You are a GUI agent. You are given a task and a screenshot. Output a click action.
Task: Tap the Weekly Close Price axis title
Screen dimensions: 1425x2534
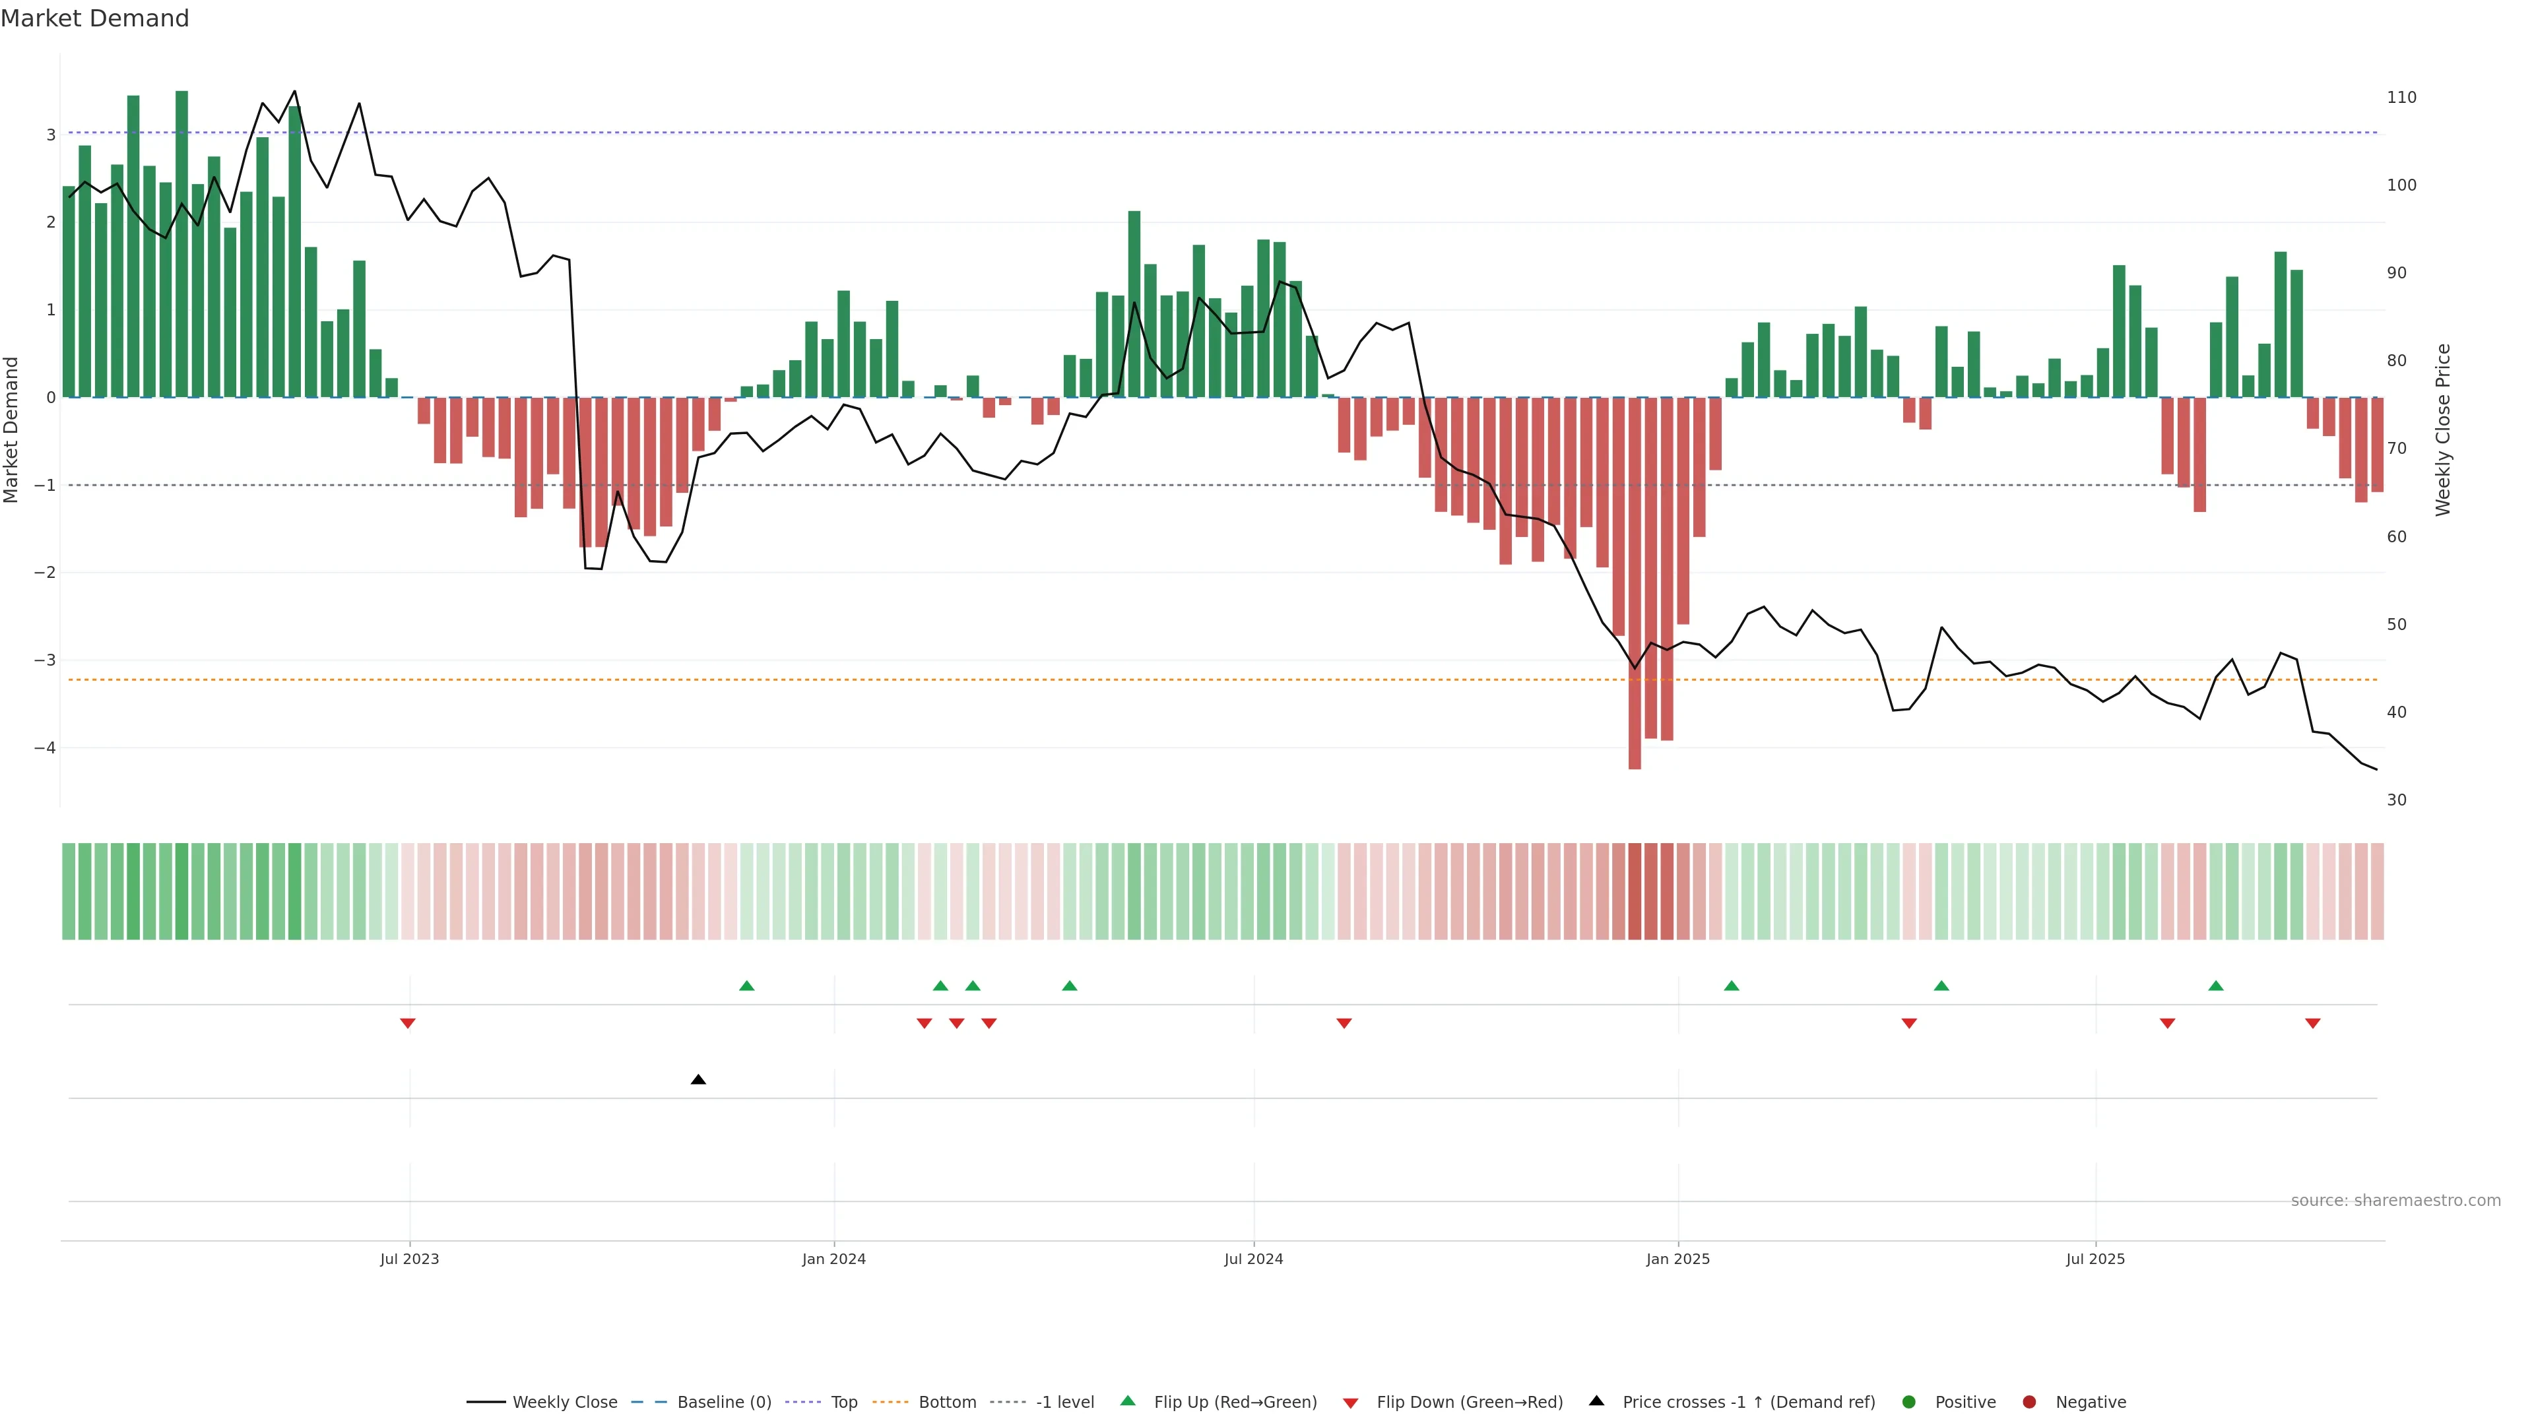pyautogui.click(x=2444, y=429)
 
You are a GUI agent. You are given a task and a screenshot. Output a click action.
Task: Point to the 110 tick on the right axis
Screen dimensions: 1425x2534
pyautogui.click(x=2401, y=98)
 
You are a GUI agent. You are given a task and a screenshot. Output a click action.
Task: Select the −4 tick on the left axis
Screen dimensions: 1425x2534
pyautogui.click(x=44, y=748)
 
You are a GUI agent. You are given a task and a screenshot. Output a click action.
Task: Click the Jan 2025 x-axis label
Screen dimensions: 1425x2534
pyautogui.click(x=1678, y=1259)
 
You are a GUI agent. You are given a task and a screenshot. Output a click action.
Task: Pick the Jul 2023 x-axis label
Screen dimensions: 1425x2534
pyautogui.click(x=409, y=1259)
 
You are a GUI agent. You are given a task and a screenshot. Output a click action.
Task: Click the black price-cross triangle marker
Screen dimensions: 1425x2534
pyautogui.click(x=698, y=1080)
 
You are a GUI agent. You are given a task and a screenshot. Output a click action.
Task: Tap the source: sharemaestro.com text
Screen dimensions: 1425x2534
pyautogui.click(x=2395, y=1201)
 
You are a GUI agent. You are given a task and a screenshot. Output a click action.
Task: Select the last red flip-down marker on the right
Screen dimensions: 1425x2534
pyautogui.click(x=2313, y=1024)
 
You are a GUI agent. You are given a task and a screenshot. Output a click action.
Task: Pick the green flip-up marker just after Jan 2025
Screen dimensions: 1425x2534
pyautogui.click(x=1732, y=986)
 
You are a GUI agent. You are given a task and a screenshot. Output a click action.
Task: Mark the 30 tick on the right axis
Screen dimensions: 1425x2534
pyautogui.click(x=2396, y=800)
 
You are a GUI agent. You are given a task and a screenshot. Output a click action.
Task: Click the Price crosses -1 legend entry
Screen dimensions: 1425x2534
pyautogui.click(x=1732, y=1403)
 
